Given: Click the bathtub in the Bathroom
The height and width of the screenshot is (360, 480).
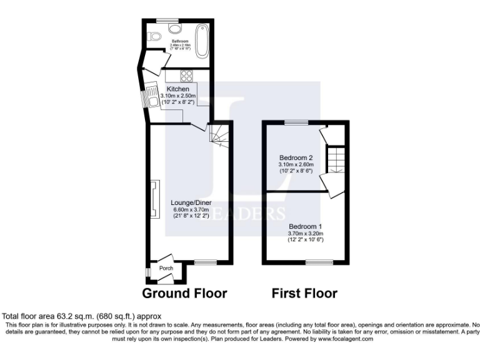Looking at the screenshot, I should [201, 40].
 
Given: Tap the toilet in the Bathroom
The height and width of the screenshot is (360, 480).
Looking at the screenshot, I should [174, 29].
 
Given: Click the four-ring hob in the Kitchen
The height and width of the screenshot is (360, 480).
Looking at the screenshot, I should [186, 76].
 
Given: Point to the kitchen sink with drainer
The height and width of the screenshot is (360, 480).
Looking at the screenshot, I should [152, 98].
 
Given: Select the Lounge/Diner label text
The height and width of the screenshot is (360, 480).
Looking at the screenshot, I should [187, 203].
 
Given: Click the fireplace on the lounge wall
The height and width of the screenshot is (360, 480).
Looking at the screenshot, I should [154, 200].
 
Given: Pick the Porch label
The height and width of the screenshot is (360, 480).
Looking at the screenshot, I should [166, 268].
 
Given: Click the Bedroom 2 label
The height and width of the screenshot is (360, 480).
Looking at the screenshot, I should [296, 158].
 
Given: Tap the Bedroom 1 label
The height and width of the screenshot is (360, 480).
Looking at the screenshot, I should [305, 226].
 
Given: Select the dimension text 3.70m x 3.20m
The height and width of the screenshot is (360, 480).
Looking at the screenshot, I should [305, 233].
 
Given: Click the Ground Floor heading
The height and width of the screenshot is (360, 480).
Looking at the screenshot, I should [184, 293].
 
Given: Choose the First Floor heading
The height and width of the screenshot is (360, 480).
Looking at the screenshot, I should [304, 293].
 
